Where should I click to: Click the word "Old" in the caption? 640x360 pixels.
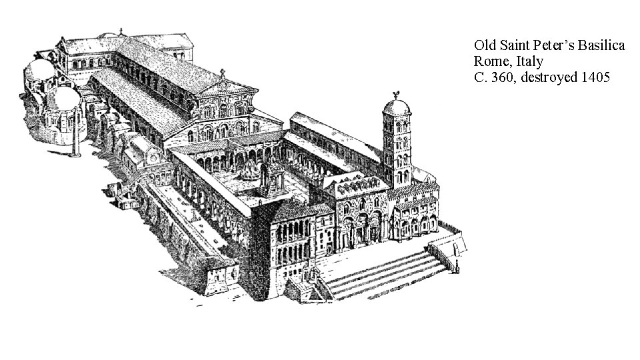coord(484,45)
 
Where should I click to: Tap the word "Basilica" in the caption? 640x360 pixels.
coord(603,45)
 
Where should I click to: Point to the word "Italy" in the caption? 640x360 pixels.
coord(529,61)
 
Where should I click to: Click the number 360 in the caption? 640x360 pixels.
coord(503,77)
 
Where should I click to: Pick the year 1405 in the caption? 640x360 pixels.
coord(595,77)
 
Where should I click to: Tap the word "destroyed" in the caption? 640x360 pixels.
coord(550,77)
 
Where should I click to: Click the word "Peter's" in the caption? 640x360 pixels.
coord(551,45)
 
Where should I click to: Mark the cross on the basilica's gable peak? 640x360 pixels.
coord(223,73)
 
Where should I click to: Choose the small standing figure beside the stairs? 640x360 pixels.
coord(457,267)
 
